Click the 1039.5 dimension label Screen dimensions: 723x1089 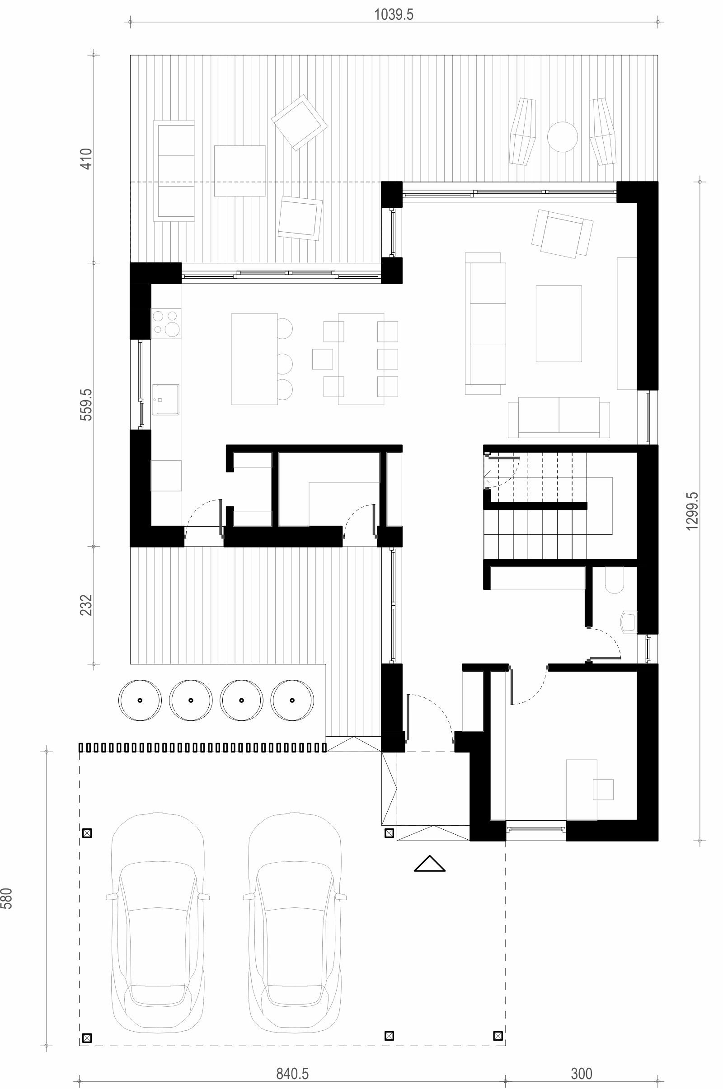tap(393, 15)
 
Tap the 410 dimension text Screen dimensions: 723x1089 tap(87, 158)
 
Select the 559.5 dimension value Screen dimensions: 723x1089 tap(87, 404)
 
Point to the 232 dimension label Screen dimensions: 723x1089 tap(87, 605)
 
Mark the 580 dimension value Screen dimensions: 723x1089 tap(7, 898)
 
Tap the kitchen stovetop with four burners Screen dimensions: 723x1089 tap(166, 323)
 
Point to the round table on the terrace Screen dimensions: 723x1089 tap(562, 136)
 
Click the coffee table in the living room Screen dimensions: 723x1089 tap(559, 323)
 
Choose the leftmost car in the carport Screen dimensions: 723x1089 tap(158, 912)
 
